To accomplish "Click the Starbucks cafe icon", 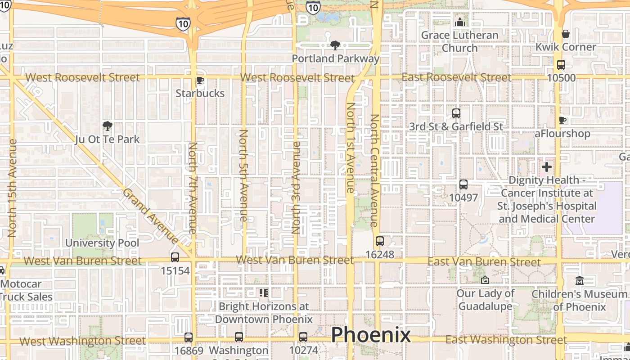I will pos(200,81).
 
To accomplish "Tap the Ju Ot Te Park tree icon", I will pos(107,126).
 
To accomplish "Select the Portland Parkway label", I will pos(336,58).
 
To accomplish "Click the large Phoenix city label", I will pos(371,335).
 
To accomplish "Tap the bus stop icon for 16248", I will pos(380,241).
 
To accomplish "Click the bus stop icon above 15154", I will pos(175,257).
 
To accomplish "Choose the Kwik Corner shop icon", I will pos(566,34).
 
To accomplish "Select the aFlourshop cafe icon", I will pos(562,120).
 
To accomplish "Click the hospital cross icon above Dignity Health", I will pos(547,167).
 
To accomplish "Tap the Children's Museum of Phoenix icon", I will pos(580,280).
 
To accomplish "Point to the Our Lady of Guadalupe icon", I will pos(485,280).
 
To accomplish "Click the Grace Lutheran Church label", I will pos(459,41).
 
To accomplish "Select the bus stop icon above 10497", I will pos(463,184).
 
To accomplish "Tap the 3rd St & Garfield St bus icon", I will pos(456,113).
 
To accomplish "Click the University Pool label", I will pos(102,243).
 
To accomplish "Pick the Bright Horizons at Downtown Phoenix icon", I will pos(264,293).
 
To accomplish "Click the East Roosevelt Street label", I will pos(456,77).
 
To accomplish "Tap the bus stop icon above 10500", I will pos(561,65).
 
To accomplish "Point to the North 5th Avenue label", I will pos(243,175).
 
